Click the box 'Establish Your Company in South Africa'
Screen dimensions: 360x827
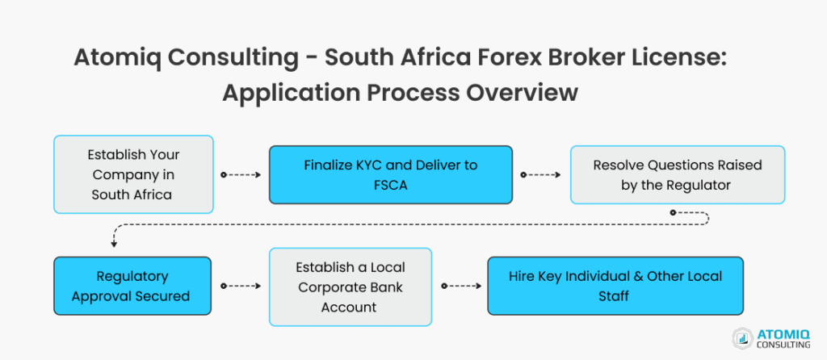point(133,174)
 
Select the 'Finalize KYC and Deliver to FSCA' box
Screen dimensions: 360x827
point(390,174)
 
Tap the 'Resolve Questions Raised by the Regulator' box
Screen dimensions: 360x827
point(677,174)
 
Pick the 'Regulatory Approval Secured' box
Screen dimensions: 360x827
point(132,286)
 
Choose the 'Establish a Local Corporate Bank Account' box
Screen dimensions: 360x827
point(350,286)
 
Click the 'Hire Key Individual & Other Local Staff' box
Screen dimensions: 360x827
point(615,286)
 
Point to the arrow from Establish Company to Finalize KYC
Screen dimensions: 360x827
point(241,174)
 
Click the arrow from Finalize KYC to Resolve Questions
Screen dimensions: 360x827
point(541,174)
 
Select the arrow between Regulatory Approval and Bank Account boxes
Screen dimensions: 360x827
point(240,286)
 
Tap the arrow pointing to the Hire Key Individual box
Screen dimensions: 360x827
point(458,286)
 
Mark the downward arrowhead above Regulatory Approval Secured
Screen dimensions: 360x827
point(114,243)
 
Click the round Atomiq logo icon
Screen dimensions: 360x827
point(742,338)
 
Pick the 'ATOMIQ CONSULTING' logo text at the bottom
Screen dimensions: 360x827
point(782,338)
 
